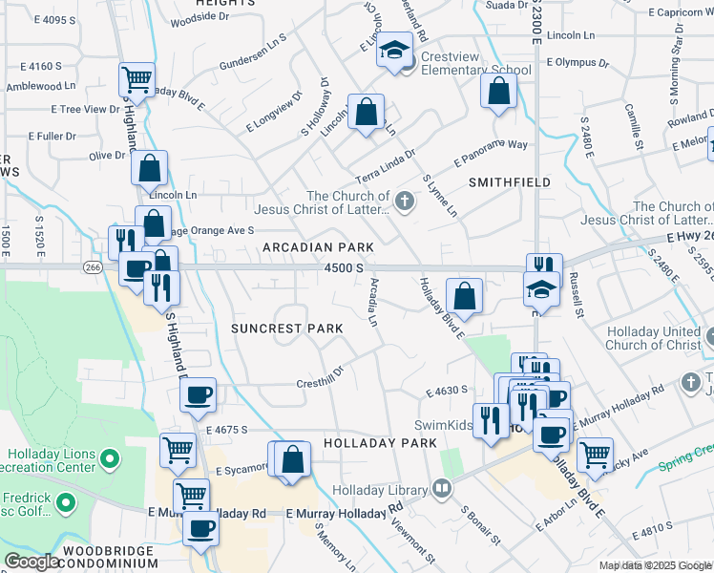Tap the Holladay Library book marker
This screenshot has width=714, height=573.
click(x=441, y=490)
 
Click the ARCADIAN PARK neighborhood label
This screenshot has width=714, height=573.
click(x=318, y=247)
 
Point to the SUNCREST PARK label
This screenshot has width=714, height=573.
click(x=286, y=329)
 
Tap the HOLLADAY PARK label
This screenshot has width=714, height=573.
click(x=379, y=443)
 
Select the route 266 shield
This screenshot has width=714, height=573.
click(x=92, y=267)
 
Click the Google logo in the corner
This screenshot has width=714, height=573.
click(x=31, y=562)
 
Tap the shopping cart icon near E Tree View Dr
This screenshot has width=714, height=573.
click(x=136, y=80)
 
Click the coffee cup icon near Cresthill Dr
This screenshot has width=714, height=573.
click(x=198, y=395)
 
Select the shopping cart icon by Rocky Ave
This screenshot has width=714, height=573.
click(x=595, y=455)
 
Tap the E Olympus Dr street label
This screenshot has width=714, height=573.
click(x=577, y=62)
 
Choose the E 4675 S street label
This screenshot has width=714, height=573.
click(x=226, y=431)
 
